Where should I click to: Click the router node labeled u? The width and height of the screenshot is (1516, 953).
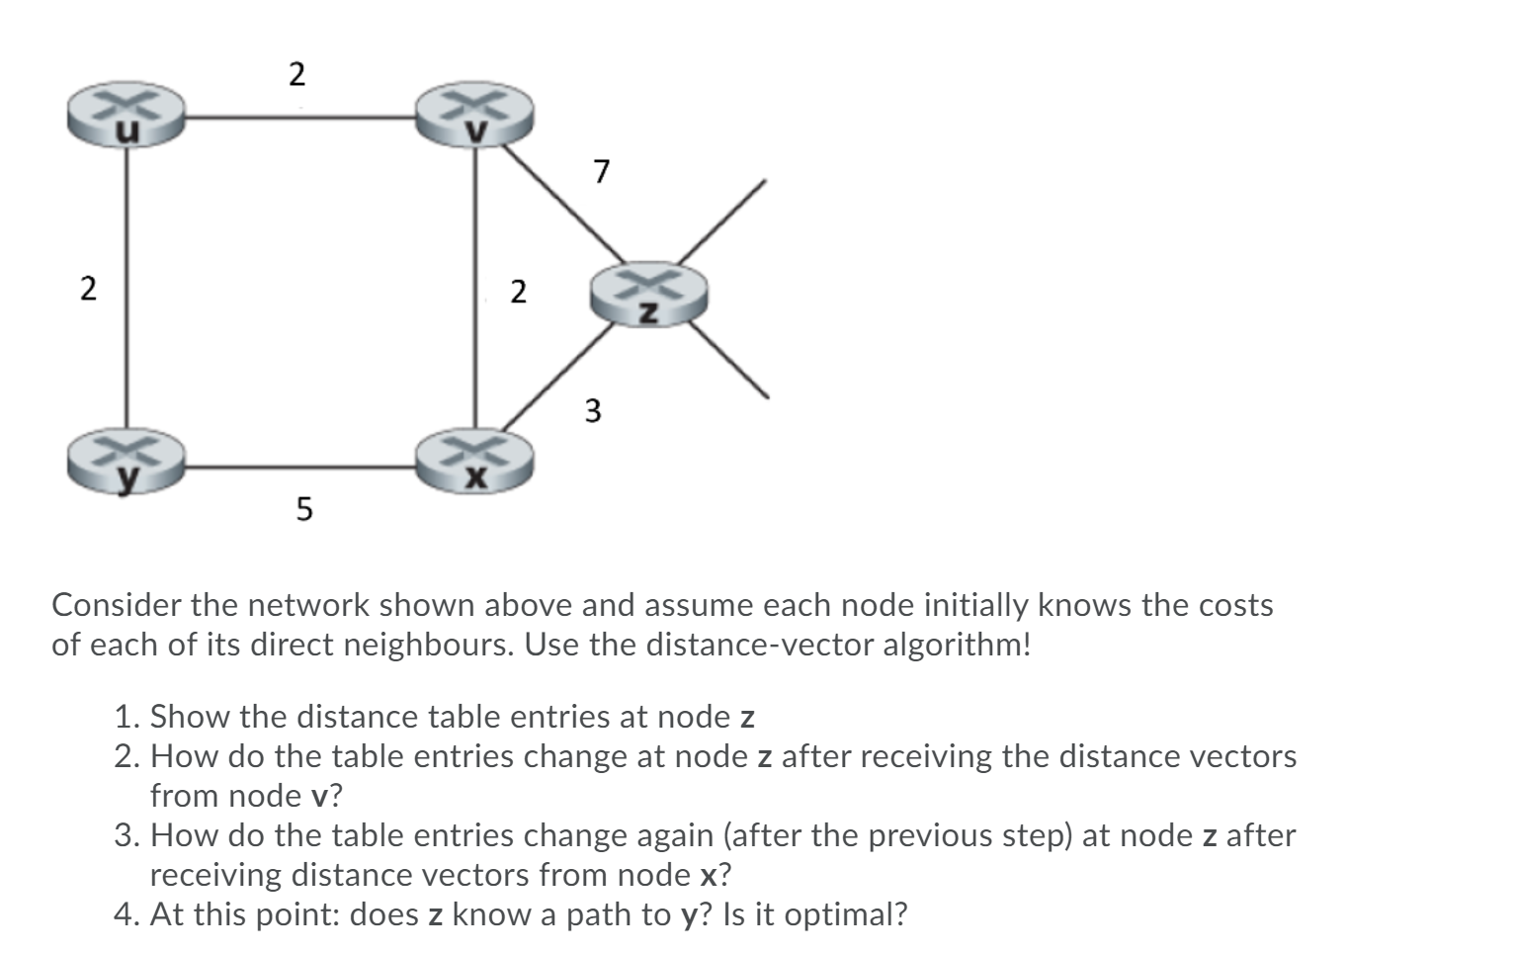pos(127,116)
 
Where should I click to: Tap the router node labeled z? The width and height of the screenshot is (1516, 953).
pos(649,295)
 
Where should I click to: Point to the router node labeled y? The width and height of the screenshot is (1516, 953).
pos(127,462)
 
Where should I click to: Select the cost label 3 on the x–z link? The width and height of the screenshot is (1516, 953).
pos(592,409)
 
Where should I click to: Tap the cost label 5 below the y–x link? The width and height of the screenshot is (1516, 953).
pos(303,510)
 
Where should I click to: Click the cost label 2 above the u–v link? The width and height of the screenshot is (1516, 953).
pos(296,74)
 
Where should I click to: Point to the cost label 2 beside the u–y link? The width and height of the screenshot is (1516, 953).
pos(89,290)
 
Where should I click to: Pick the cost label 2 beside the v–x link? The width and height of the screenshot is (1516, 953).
pos(518,292)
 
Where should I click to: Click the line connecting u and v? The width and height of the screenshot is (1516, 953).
pos(301,119)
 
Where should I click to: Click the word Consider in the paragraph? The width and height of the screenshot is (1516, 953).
pos(116,605)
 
